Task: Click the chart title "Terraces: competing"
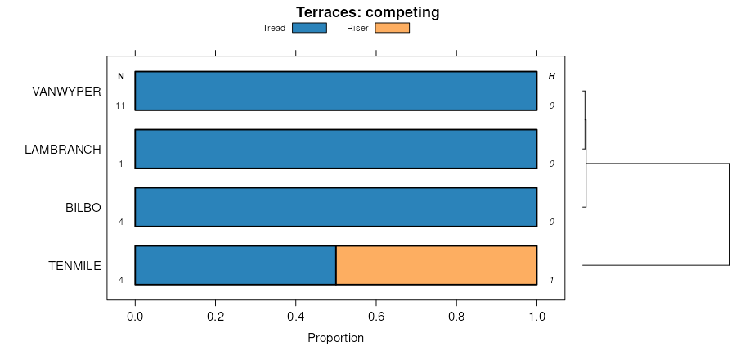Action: (x=367, y=12)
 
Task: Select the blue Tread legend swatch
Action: (x=309, y=28)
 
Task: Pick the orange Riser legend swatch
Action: (x=392, y=28)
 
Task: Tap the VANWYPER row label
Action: (x=66, y=91)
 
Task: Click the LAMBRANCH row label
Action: (x=63, y=150)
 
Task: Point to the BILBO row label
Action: (x=83, y=208)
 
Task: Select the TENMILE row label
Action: (x=74, y=266)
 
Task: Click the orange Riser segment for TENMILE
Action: (x=436, y=265)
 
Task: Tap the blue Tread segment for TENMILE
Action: (x=236, y=265)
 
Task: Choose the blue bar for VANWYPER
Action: (x=335, y=91)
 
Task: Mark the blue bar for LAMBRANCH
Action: (x=335, y=149)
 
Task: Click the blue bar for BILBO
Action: (x=335, y=207)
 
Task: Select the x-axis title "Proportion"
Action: (x=335, y=338)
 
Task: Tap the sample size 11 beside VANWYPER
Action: (x=121, y=106)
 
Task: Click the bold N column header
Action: (x=121, y=77)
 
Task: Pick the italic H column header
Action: (x=551, y=77)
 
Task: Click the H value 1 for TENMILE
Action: (x=551, y=280)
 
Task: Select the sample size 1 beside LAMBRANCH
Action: (x=121, y=164)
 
